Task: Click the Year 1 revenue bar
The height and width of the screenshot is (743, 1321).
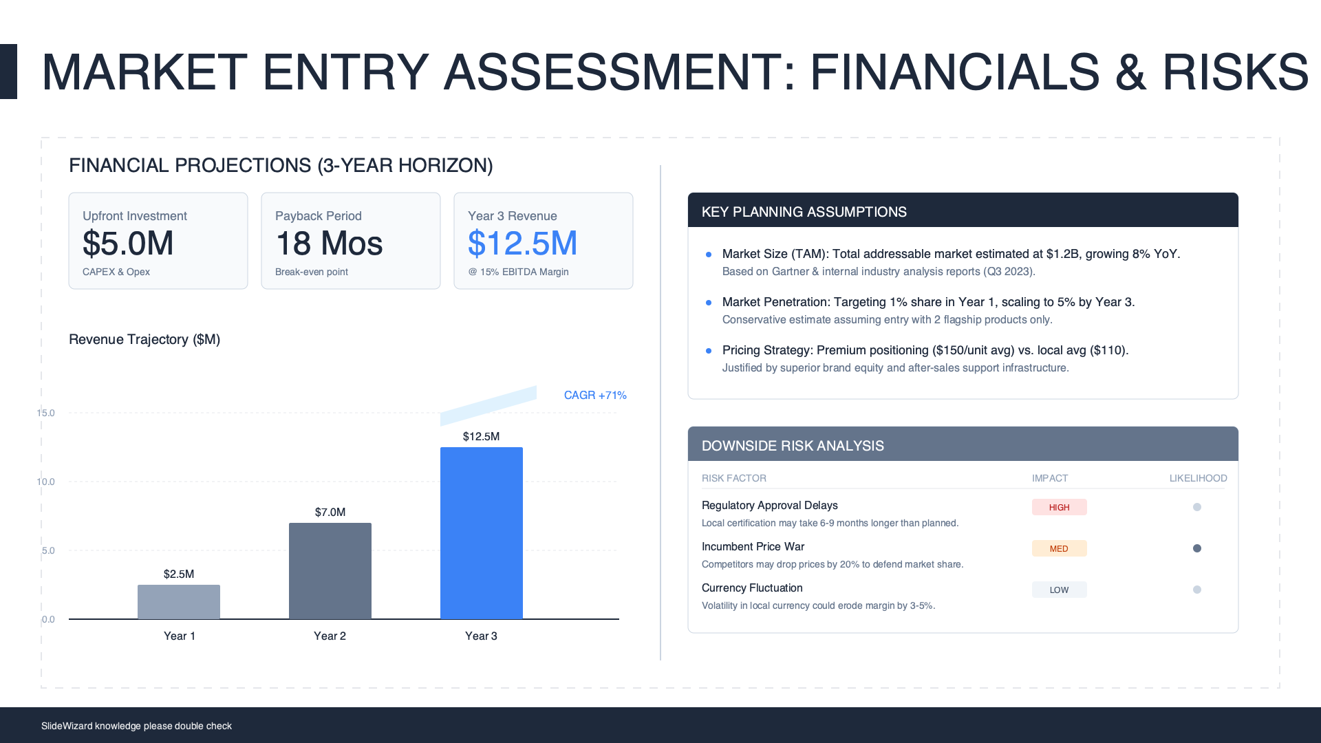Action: [179, 602]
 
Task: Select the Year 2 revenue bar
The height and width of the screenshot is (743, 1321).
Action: [330, 571]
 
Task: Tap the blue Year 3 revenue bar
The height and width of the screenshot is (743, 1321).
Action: [482, 533]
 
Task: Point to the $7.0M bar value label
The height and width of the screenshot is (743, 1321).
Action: [330, 512]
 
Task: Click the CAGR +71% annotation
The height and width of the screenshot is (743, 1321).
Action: [595, 395]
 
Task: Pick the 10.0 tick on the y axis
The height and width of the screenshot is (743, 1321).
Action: [46, 482]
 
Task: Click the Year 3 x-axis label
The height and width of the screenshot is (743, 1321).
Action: [481, 636]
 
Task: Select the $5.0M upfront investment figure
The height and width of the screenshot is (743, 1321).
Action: [128, 244]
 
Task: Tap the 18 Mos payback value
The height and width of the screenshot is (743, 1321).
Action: [329, 244]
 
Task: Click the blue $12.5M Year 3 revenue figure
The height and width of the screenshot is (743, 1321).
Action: [522, 244]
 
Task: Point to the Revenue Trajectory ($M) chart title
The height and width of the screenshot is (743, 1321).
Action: [144, 339]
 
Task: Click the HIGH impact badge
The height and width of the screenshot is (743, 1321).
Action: [1059, 507]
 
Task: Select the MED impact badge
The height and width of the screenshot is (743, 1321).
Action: [1059, 548]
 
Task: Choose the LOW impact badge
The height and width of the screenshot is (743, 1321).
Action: [1059, 590]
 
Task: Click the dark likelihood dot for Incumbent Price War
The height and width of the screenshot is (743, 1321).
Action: [1197, 548]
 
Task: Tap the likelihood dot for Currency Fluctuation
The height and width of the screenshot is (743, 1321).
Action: [1197, 590]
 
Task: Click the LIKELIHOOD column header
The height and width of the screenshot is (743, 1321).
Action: [1198, 478]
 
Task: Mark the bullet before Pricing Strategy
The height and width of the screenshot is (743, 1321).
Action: [709, 351]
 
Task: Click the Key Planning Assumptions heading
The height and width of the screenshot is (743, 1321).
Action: [804, 212]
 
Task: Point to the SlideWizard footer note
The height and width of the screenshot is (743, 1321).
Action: [136, 726]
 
